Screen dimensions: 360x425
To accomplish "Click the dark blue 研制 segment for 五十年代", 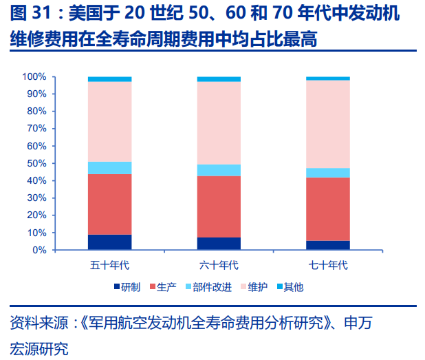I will (109, 242).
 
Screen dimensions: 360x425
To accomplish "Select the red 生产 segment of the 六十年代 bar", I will (219, 207).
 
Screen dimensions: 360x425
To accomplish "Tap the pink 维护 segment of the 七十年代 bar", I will (328, 124).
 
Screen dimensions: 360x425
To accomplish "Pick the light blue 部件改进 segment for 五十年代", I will (109, 168).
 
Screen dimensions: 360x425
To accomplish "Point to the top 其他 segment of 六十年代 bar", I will (219, 79).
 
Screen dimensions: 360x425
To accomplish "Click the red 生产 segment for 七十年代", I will (328, 209).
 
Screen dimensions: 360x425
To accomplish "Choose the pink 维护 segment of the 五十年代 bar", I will (109, 121).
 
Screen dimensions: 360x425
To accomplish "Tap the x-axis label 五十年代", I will (109, 264).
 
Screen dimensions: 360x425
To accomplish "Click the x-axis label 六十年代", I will (219, 264).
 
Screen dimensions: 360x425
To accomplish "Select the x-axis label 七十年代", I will (328, 264).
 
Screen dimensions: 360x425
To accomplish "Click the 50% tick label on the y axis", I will (36, 163).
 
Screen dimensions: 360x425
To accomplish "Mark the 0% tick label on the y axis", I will (39, 250).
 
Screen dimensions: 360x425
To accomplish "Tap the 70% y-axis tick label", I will (36, 129).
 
